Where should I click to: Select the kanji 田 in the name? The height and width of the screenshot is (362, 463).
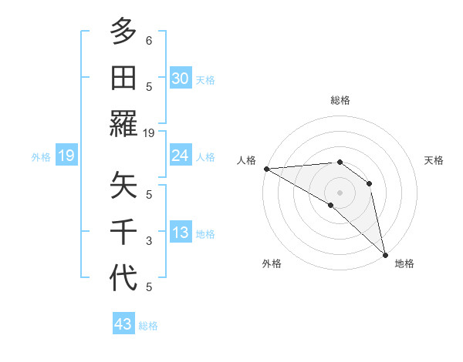123,77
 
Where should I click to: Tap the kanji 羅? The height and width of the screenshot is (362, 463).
123,123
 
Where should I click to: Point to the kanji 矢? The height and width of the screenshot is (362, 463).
123,185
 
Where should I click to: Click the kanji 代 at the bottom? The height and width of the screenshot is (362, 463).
123,277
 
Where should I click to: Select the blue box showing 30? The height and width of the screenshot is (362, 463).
180,79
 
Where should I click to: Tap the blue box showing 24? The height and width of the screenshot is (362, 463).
180,156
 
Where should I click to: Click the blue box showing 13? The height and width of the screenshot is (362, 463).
180,233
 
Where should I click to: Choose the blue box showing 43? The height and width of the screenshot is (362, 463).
123,324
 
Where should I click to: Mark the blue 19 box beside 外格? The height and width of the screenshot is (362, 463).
66,156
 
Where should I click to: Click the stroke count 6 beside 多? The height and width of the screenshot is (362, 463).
149,40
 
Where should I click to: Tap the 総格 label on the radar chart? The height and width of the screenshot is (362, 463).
340,100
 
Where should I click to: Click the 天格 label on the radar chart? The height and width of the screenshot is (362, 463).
434,160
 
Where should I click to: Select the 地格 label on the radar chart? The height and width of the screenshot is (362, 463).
404,263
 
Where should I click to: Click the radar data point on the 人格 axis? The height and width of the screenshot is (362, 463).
266,169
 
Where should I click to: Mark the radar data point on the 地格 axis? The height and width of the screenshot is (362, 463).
384,253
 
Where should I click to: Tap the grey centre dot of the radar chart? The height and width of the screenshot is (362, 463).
340,192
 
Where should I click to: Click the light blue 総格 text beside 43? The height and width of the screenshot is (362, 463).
148,326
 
